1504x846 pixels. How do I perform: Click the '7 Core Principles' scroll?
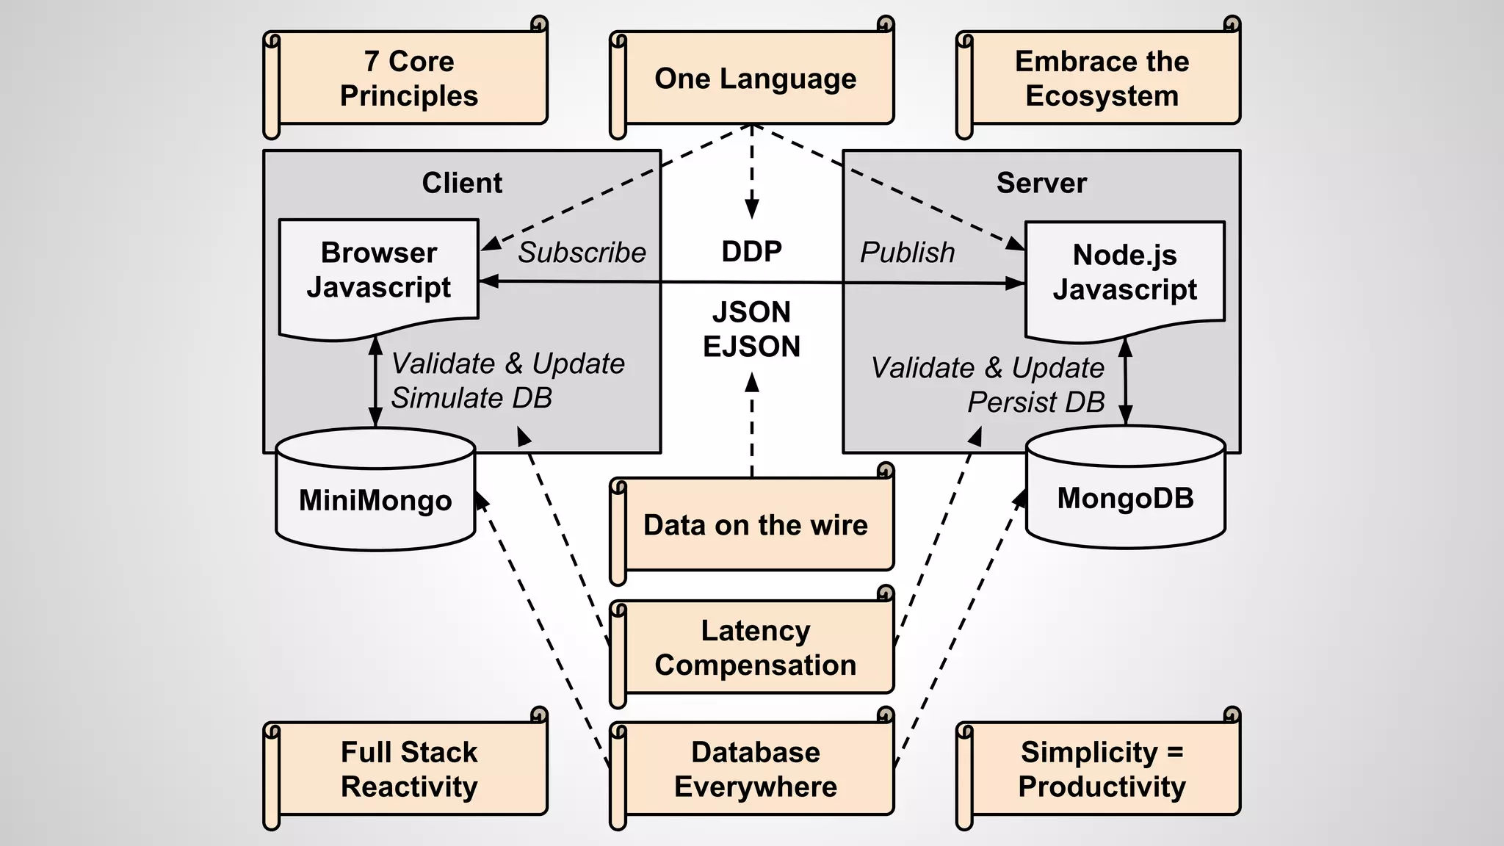[408, 79]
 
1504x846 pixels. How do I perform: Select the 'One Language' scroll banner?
[755, 79]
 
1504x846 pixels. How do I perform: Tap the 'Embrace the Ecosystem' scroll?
[1102, 79]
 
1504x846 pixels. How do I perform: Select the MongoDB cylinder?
[1125, 499]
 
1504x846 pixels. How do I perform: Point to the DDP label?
[751, 252]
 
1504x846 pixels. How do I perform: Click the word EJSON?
[751, 347]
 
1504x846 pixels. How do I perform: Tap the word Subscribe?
[582, 253]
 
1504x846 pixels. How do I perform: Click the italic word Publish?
[907, 253]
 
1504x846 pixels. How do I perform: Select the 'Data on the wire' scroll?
[755, 526]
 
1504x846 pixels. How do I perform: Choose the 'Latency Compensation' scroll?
[755, 648]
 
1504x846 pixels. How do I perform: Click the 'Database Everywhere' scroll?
[755, 770]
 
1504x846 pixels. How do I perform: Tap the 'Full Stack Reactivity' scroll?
[408, 770]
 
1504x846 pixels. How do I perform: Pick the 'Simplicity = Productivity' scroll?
[1102, 770]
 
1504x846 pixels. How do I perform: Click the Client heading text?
[462, 183]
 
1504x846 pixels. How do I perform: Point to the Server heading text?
[1041, 183]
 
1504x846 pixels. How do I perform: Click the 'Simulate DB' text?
[471, 398]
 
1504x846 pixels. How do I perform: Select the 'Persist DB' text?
[1035, 402]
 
